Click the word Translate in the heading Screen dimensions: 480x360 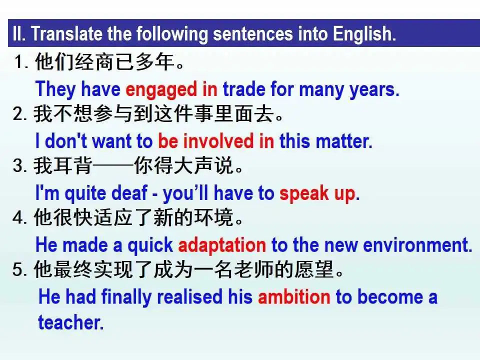66,33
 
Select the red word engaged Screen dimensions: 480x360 161,90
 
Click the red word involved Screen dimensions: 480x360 218,141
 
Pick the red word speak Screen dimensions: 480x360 303,193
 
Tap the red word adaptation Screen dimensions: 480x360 222,245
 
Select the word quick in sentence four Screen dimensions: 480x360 150,245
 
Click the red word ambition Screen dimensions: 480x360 294,297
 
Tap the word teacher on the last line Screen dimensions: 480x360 71,322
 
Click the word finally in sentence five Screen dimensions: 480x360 126,297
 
